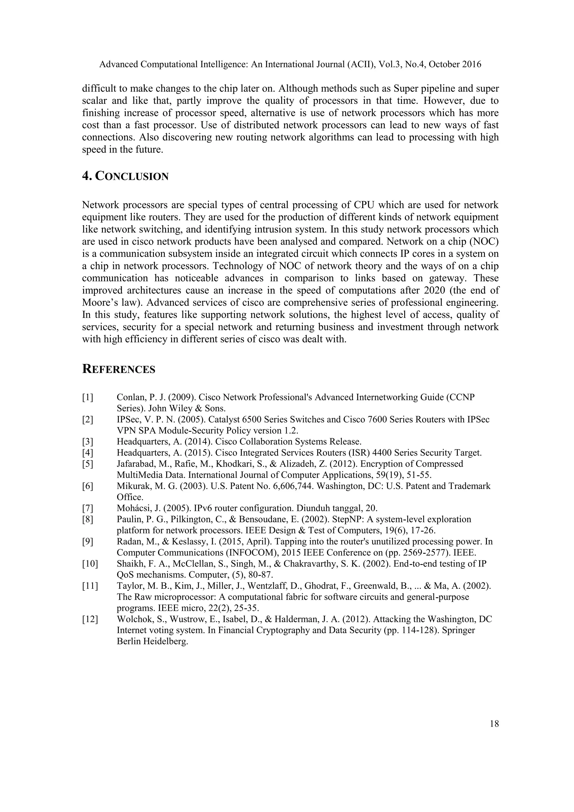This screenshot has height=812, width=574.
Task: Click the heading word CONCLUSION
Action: coord(132,176)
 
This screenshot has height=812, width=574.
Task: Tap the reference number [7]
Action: coord(88,509)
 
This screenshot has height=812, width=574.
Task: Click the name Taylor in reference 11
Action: coord(127,586)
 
